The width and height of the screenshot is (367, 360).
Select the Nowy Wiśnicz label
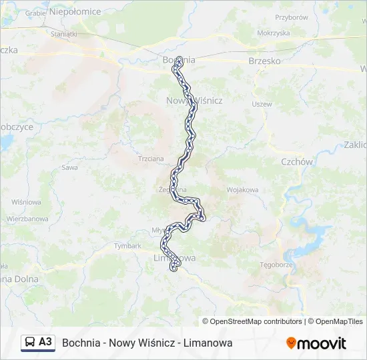pos(194,100)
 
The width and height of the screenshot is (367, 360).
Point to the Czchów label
pos(297,161)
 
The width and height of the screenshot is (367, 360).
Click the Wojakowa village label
pos(242,190)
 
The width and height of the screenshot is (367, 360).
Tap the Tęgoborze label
pos(276,264)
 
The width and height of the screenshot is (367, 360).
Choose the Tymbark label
pos(127,245)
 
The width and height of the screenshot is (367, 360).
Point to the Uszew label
pos(262,105)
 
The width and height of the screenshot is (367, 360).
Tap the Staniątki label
pos(63,33)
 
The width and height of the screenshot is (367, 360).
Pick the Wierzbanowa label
pos(27,218)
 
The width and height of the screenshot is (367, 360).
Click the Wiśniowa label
pos(27,201)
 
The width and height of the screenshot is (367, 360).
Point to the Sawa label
pos(69,167)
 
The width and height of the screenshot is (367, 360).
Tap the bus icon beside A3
pos(30,343)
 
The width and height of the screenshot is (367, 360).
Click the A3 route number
pos(45,342)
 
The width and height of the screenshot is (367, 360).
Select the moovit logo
pos(316,343)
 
